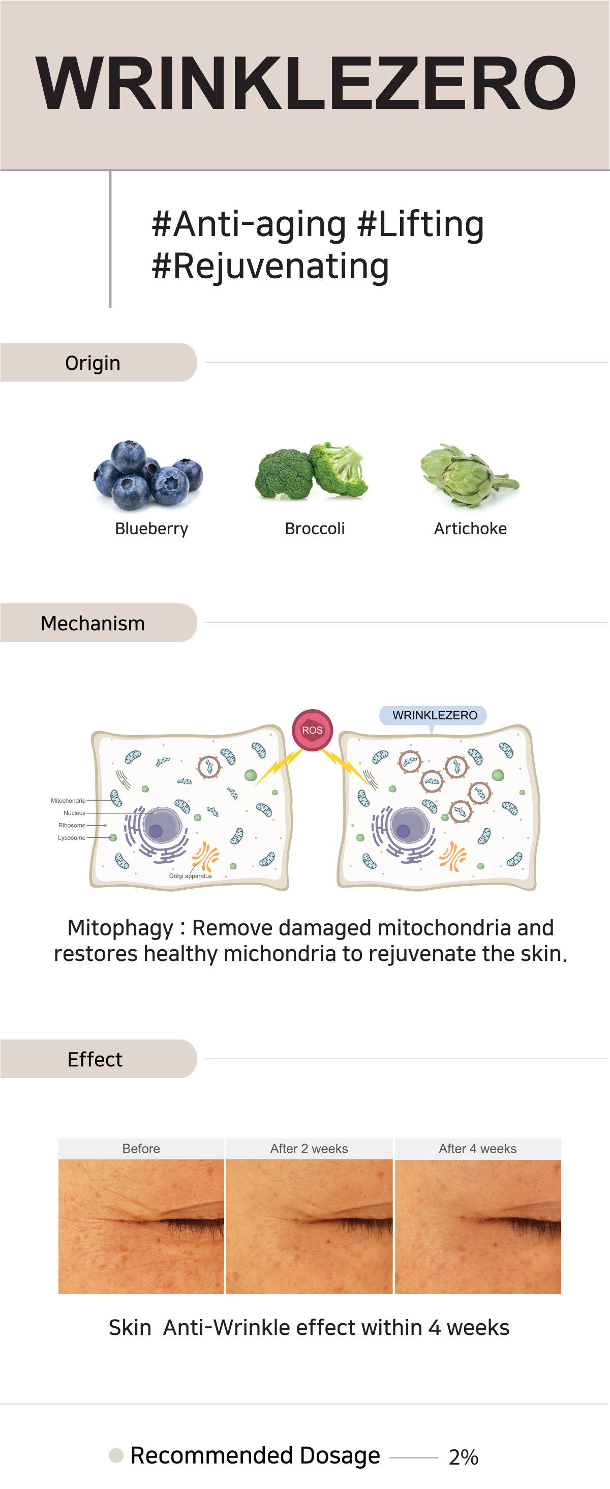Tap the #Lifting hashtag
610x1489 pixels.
pos(420,224)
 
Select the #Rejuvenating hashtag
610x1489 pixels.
pos(270,267)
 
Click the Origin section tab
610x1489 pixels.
pos(93,363)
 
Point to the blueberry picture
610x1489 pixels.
pos(148,475)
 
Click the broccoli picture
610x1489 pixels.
pos(311,471)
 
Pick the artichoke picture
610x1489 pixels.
pos(469,476)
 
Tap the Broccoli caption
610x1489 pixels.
pos(314,529)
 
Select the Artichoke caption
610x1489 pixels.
pos(470,529)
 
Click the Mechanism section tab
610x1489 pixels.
pos(93,623)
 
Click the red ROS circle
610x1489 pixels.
pos(312,730)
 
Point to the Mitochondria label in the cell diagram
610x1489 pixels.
pos(68,801)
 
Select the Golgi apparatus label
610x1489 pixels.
pos(190,875)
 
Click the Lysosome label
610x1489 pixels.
pos(72,837)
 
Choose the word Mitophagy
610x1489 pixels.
pos(120,928)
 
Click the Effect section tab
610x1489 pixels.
pos(95,1059)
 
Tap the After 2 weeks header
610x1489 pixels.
pos(309,1149)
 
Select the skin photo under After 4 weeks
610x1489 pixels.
pos(478,1226)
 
